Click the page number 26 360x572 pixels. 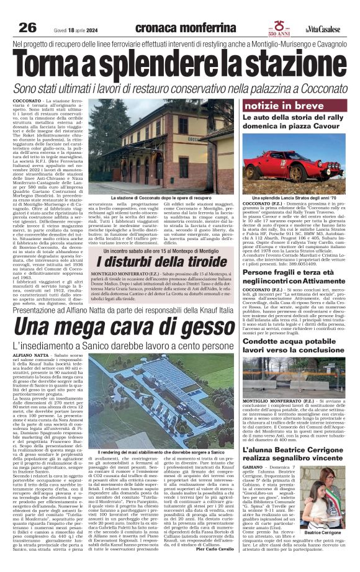point(27,28)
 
